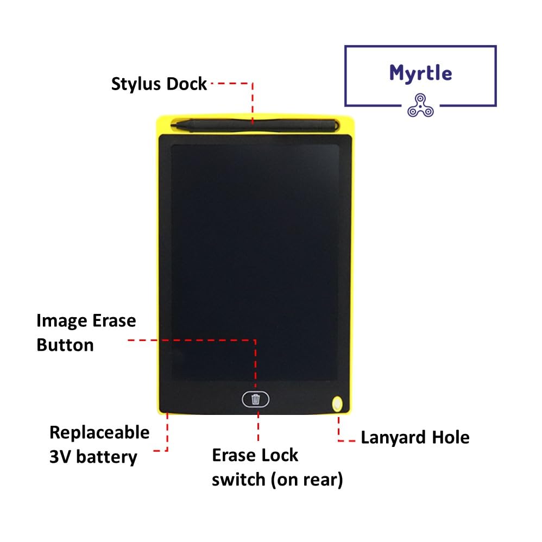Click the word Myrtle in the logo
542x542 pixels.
coord(420,72)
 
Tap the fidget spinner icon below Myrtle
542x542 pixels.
coord(420,105)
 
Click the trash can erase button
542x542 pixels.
coord(256,399)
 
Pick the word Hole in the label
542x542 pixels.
coord(450,437)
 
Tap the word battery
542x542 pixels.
coord(107,457)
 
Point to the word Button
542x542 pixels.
coord(65,345)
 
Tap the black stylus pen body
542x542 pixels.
coord(261,124)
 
